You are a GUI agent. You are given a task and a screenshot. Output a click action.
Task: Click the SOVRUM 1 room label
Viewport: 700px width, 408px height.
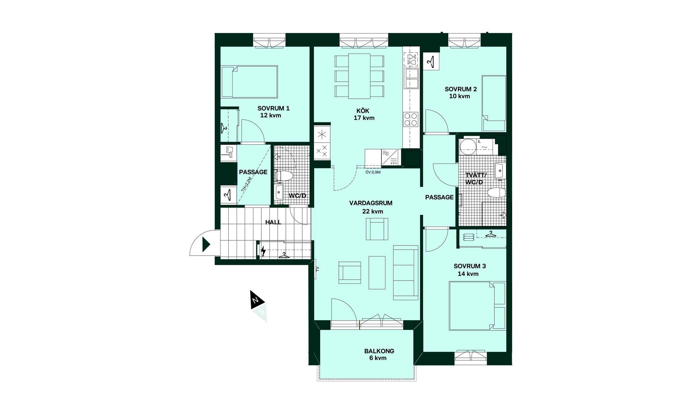[273, 112]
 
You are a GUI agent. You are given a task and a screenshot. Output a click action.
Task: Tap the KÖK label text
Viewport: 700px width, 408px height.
[363, 111]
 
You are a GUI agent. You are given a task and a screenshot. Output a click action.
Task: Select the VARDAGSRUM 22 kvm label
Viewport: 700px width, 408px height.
[371, 207]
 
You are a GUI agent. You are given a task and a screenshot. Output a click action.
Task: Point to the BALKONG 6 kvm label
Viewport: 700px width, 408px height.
[379, 354]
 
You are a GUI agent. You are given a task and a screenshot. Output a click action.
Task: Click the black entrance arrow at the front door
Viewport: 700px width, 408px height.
[206, 244]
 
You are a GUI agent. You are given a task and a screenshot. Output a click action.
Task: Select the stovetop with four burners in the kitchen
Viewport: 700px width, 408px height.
[411, 119]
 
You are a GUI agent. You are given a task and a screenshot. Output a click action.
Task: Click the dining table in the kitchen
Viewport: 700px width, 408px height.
[359, 76]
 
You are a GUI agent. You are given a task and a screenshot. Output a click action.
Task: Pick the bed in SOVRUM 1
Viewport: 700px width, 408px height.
[249, 82]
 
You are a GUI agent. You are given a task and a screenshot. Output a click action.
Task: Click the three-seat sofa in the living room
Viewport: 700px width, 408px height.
[405, 272]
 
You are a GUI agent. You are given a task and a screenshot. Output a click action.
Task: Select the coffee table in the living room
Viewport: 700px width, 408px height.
[377, 272]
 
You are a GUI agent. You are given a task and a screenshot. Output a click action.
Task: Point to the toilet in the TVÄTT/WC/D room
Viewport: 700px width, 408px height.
[496, 192]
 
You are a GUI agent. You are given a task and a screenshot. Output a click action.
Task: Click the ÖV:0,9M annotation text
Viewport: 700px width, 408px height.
[373, 172]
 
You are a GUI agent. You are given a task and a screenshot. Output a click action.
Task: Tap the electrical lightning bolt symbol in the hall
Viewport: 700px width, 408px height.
[263, 251]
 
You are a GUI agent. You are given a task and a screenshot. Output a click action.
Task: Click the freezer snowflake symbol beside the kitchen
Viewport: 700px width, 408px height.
[322, 135]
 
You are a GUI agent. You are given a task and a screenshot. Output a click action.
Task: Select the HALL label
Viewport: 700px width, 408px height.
[273, 222]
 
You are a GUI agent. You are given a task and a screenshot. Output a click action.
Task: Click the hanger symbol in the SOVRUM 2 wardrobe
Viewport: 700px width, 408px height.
[431, 62]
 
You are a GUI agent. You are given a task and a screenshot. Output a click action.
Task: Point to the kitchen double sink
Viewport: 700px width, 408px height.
[411, 78]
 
